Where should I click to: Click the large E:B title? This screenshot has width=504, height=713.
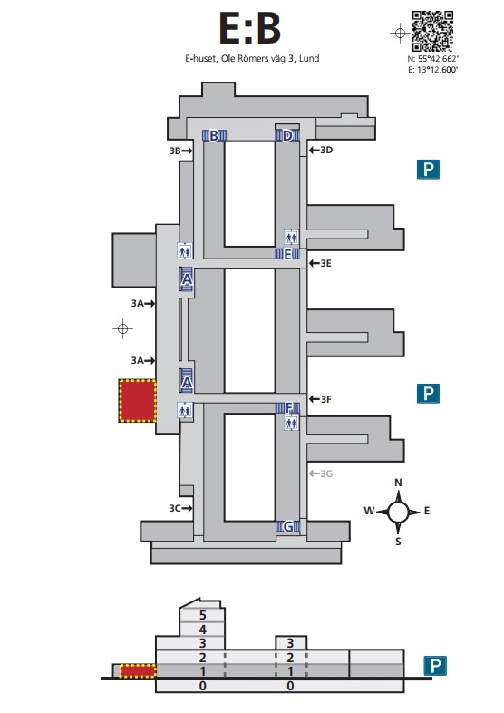(250, 28)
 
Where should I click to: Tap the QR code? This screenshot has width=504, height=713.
(432, 32)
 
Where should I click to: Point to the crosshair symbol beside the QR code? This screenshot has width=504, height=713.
(400, 33)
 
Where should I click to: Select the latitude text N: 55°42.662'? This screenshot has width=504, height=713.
(432, 59)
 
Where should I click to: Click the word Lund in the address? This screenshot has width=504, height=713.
(309, 59)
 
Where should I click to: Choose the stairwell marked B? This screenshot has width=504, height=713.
(214, 135)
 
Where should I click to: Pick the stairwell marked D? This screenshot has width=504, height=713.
(287, 135)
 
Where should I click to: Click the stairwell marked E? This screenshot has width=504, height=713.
(287, 254)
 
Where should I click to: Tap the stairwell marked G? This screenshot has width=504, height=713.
(287, 526)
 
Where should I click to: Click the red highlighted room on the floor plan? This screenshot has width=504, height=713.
(138, 401)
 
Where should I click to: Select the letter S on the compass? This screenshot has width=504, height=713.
(398, 542)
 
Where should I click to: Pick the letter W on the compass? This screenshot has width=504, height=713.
(369, 511)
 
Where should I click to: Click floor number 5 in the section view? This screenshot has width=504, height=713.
(203, 615)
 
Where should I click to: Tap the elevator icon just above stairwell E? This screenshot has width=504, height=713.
(291, 237)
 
